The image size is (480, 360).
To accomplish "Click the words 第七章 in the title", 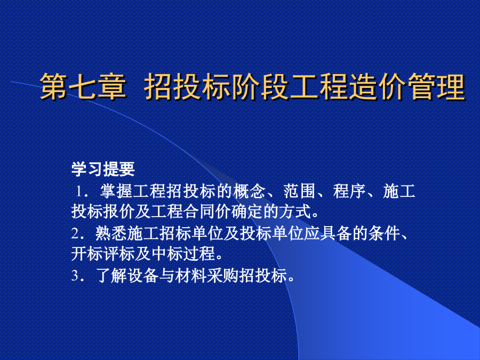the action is tap(83, 86).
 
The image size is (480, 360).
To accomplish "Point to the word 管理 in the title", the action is tap(436, 86).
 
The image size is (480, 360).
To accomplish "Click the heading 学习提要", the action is tap(103, 169).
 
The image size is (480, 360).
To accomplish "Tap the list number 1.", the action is tap(79, 191).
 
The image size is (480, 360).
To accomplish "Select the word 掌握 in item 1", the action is tap(116, 191).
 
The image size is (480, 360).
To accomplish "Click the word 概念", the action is tap(249, 191).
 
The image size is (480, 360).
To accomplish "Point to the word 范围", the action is tap(299, 191).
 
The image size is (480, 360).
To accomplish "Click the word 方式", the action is tap(294, 212).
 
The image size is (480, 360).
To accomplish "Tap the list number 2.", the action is tap(75, 234).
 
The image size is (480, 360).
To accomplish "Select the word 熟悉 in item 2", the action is tap(111, 234).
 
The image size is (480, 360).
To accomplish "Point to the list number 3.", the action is tap(75, 275).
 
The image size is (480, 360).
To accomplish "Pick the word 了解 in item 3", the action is tap(111, 275).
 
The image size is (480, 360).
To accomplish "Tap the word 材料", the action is tap(191, 275).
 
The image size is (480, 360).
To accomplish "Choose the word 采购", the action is tap(223, 275).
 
